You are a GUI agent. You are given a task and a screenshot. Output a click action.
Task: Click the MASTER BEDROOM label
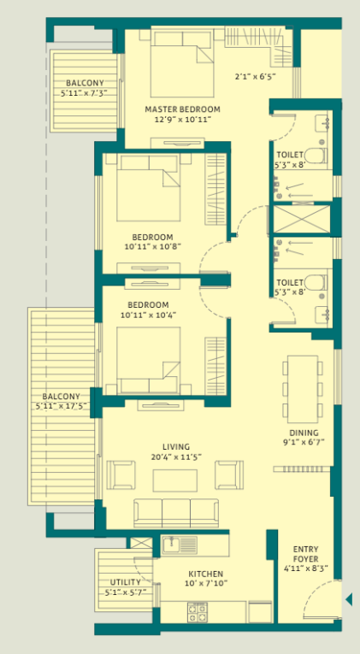point(182,109)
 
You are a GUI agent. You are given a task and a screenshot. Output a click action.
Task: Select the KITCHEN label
point(206,574)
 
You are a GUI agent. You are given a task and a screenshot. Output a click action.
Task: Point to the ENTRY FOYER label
point(306,554)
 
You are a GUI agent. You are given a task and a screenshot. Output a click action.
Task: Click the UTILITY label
point(125,581)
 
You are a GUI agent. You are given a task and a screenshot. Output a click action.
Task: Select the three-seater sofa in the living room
point(175,510)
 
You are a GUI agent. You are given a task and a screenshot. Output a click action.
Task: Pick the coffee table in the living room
point(175,480)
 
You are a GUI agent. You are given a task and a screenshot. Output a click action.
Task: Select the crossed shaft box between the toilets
point(302,220)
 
